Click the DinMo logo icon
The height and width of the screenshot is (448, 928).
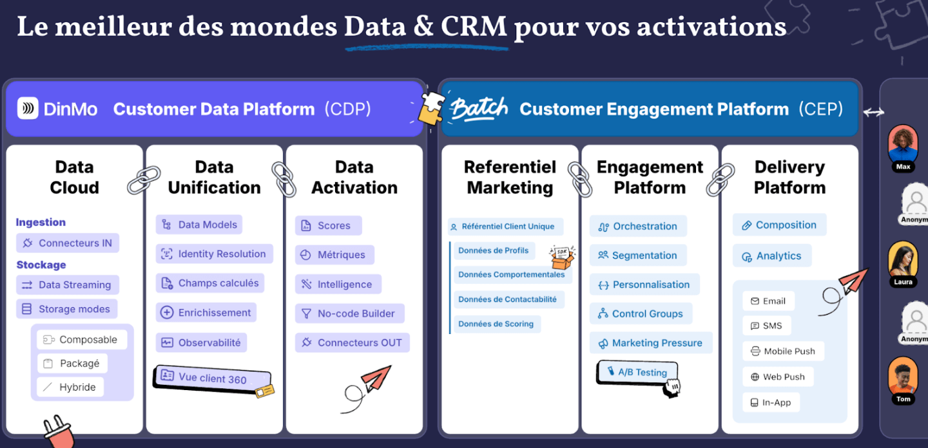click(x=28, y=108)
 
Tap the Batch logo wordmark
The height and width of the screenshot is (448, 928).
click(x=479, y=109)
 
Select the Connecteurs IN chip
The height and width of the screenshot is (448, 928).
click(x=68, y=243)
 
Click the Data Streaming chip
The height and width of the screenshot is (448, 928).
click(x=68, y=285)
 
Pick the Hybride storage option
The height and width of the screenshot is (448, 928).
click(x=70, y=387)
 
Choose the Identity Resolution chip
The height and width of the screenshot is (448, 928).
click(x=214, y=254)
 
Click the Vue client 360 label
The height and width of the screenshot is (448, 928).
click(x=212, y=378)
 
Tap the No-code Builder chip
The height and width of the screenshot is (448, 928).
click(x=350, y=313)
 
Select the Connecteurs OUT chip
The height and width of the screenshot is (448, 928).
click(x=352, y=342)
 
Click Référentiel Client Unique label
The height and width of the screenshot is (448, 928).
click(x=505, y=227)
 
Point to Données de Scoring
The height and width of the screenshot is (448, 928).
click(x=497, y=324)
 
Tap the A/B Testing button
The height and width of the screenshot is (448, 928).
click(x=637, y=372)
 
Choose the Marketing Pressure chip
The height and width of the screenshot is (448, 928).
click(x=651, y=343)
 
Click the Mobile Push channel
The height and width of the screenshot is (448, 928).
click(x=783, y=351)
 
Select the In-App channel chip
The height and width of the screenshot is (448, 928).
click(x=771, y=402)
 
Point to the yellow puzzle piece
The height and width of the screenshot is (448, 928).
click(x=431, y=108)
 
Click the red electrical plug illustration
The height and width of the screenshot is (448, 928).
click(x=59, y=433)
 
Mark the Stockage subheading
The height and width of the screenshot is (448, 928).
click(x=41, y=265)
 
